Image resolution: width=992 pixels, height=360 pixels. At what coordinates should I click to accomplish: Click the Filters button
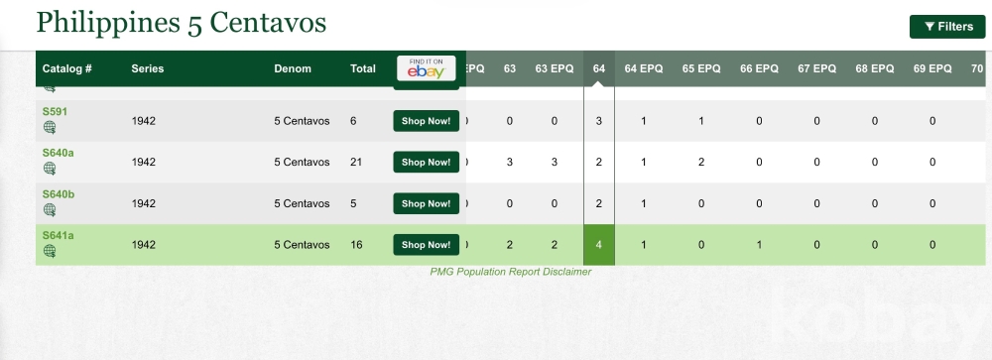point(947,27)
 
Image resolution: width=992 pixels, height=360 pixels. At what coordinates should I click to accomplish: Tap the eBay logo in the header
point(426,68)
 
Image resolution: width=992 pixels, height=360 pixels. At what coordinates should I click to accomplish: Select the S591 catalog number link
point(55,112)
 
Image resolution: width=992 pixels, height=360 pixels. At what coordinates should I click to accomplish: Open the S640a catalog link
point(59,153)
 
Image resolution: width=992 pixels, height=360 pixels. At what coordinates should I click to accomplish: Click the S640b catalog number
point(59,194)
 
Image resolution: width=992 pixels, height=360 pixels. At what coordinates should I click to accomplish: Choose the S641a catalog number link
point(59,235)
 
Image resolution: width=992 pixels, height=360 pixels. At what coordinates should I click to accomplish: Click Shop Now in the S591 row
point(426,121)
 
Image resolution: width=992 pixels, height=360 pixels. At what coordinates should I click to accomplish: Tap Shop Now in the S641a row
point(426,245)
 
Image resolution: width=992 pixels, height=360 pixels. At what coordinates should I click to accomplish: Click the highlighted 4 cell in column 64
point(598,245)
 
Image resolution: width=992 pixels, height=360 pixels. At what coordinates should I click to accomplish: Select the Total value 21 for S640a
point(356,162)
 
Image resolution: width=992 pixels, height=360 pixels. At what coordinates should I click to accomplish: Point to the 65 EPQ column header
point(701,68)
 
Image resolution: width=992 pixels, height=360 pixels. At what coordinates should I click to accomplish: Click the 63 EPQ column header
point(555,68)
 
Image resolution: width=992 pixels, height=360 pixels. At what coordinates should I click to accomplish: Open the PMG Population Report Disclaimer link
point(511,272)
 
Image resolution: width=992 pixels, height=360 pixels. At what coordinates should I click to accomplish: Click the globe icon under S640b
point(50,210)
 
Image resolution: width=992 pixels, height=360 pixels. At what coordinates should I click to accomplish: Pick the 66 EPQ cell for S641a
point(759,245)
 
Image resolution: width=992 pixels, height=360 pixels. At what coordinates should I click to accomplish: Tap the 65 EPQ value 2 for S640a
point(701,162)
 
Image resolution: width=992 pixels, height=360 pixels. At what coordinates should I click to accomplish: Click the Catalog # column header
point(67,68)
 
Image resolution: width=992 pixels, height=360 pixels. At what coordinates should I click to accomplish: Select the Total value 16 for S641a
point(356,245)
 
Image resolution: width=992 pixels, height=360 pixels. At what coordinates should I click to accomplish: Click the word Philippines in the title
point(108,24)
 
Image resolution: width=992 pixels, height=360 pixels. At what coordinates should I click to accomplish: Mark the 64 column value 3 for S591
point(598,121)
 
